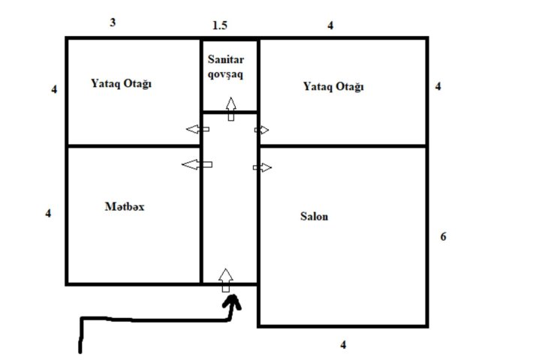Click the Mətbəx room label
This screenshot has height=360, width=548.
(125, 206)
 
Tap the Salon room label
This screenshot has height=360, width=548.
(315, 217)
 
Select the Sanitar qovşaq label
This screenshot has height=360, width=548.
(226, 67)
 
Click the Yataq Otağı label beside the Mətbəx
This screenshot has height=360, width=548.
(122, 84)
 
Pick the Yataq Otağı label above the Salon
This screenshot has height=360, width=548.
(333, 86)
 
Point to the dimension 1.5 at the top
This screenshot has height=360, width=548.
(220, 25)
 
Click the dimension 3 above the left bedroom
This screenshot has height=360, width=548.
(113, 22)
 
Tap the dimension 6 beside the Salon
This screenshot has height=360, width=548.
(443, 237)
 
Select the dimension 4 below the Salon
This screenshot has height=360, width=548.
(343, 345)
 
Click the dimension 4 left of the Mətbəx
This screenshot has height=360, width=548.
(48, 213)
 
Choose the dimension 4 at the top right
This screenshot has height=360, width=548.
(330, 25)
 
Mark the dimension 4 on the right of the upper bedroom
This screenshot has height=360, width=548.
(438, 86)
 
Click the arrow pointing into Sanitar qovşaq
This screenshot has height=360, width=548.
(230, 109)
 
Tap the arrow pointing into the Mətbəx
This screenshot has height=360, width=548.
(197, 164)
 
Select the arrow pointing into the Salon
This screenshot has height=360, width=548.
(262, 167)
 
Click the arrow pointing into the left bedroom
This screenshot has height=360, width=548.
(198, 129)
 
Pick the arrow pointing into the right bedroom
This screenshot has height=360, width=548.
(261, 130)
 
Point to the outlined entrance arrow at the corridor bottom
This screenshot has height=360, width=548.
(226, 280)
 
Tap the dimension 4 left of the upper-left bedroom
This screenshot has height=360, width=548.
(54, 89)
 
